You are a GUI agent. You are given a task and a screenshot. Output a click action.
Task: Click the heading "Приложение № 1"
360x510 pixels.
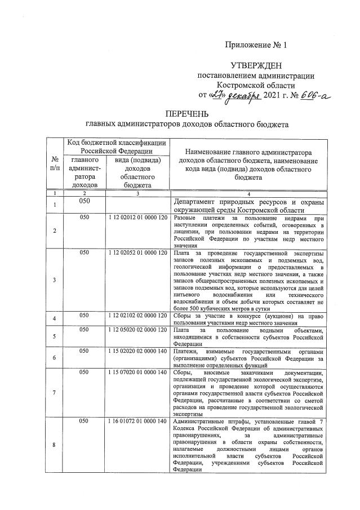point(256,45)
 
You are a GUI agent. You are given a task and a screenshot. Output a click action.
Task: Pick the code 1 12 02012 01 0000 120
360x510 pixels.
point(137,218)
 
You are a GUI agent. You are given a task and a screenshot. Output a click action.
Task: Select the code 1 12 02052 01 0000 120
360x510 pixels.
point(137,253)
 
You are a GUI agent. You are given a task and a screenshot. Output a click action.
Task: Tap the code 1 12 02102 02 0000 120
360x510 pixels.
point(137,318)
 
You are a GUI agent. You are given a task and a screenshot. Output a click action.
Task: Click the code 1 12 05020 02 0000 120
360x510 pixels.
point(137,330)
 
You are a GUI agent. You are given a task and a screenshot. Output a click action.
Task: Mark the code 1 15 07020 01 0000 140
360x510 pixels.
point(137,372)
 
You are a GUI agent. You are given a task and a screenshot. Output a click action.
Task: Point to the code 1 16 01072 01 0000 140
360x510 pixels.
point(137,421)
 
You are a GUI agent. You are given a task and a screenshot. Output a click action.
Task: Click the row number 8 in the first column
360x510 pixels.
point(55,445)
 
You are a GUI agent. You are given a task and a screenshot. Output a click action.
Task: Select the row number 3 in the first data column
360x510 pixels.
point(55,280)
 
